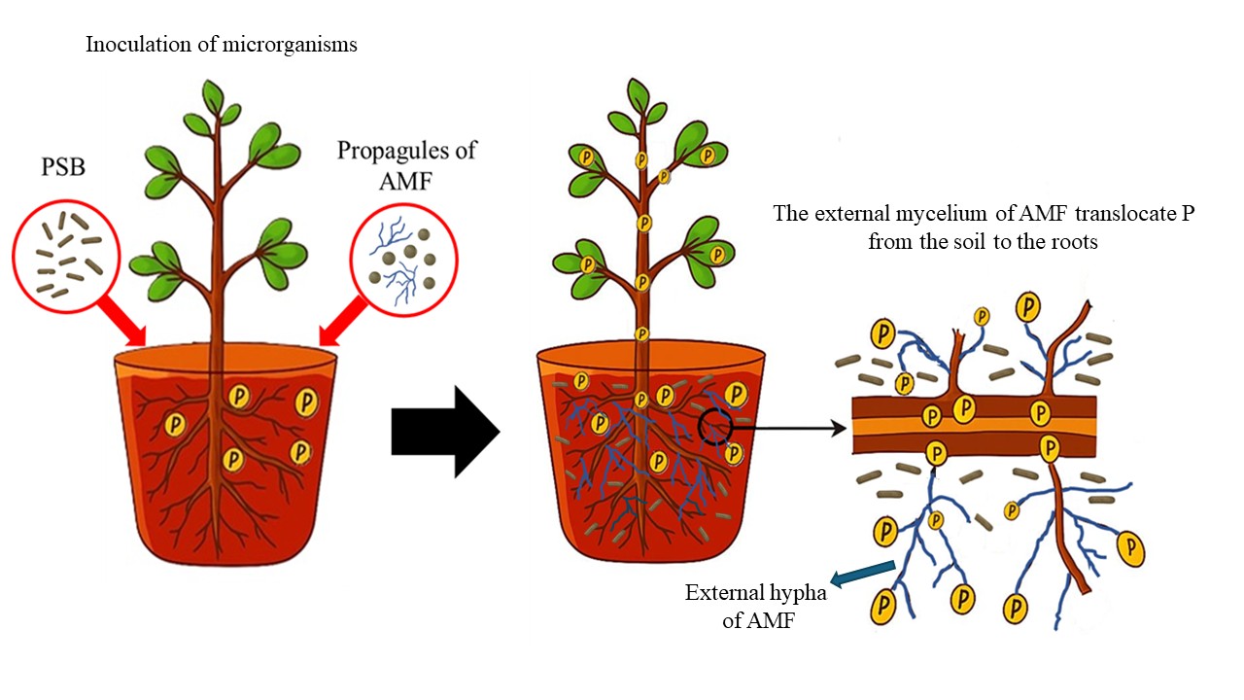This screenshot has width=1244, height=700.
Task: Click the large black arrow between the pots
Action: (442, 432)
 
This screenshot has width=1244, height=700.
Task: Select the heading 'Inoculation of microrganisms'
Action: (222, 45)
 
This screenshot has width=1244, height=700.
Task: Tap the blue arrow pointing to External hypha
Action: (864, 573)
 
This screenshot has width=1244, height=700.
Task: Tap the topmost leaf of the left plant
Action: (213, 96)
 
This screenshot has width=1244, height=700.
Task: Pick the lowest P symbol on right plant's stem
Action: (641, 333)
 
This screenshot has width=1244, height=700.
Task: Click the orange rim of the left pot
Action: (225, 362)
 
